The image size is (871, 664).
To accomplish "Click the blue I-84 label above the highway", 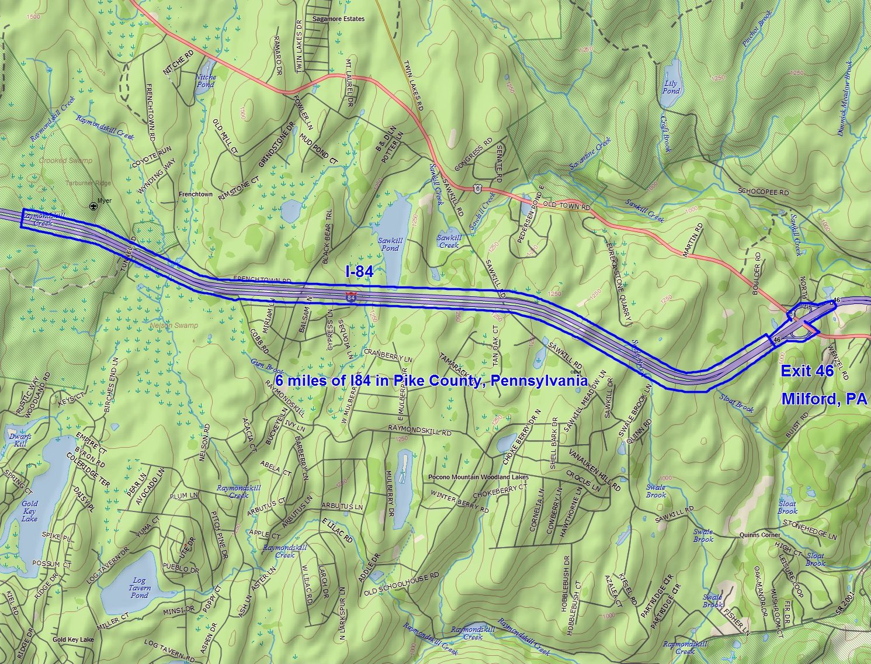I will click(359, 271).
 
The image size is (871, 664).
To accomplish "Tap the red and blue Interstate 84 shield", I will click(351, 298).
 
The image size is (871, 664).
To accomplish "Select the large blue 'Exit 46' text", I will click(807, 372).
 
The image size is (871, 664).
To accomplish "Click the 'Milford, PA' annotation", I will click(824, 399).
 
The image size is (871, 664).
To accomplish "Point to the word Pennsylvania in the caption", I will click(539, 381).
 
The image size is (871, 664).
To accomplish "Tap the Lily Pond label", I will click(671, 87).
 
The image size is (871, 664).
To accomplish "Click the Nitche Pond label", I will click(205, 81).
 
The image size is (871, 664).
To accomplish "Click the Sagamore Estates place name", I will click(338, 19).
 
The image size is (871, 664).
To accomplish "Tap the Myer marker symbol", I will click(93, 206).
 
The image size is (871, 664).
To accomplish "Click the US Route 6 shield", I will click(478, 188).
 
